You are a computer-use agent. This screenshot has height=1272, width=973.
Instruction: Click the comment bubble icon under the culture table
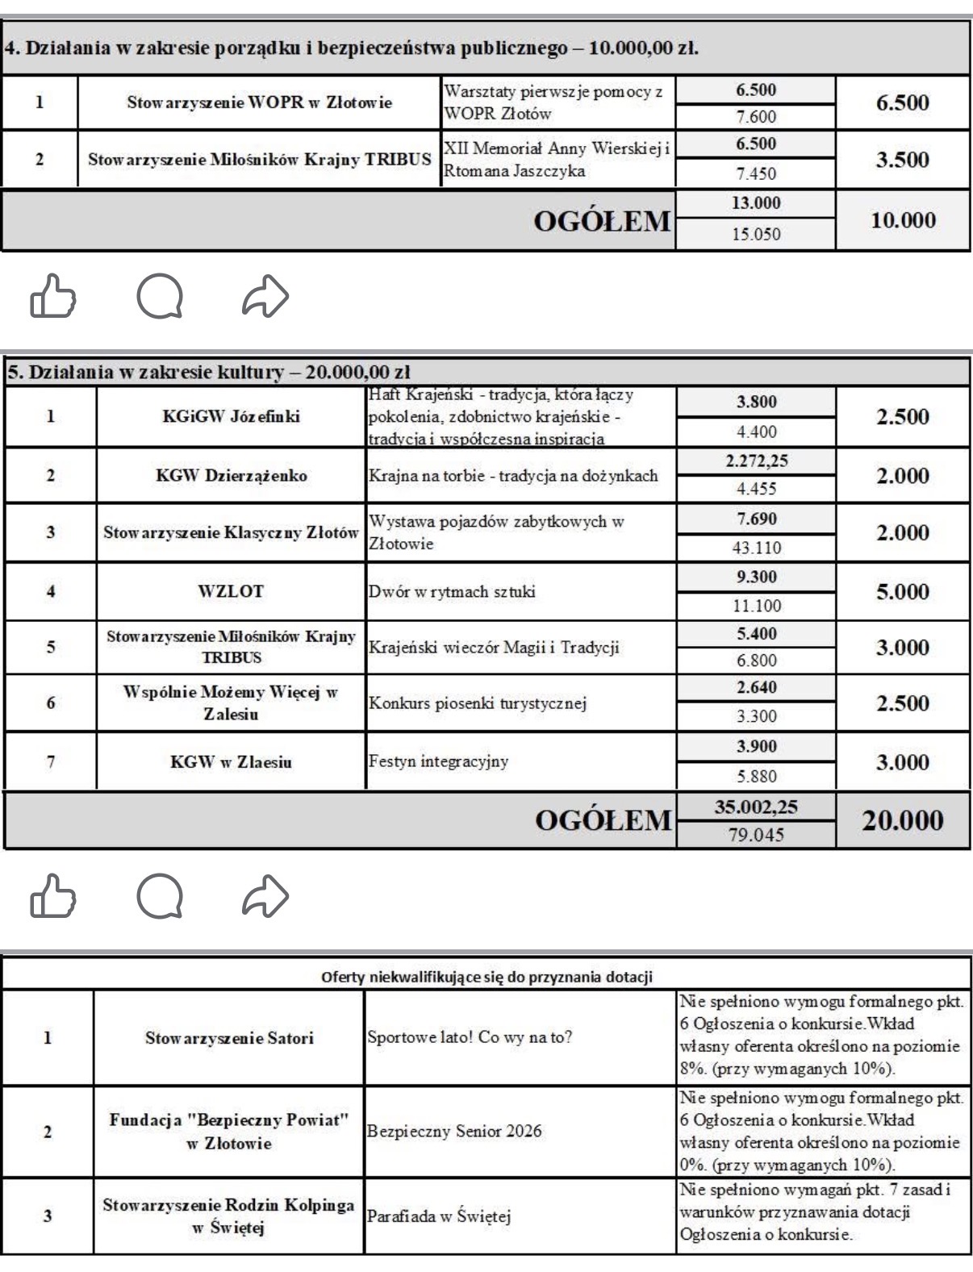160,895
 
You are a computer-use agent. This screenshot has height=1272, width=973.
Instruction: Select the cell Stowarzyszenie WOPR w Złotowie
259,102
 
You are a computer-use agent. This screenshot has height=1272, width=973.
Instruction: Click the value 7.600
755,117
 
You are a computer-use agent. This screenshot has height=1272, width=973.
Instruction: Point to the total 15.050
755,235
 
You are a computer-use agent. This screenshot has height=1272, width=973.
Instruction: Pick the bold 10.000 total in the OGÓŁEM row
903,220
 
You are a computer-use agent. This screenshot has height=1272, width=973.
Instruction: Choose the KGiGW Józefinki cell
230,417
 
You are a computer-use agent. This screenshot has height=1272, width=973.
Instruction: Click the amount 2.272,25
756,461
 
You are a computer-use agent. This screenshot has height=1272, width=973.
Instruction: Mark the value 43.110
756,548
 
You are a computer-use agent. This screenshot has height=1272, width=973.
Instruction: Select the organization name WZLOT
230,591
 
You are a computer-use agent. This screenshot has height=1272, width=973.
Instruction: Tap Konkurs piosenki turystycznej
477,703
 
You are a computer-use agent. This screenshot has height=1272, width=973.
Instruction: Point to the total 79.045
756,835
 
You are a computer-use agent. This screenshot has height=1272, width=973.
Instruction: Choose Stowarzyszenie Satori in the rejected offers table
229,1038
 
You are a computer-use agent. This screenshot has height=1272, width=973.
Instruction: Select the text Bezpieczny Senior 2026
454,1131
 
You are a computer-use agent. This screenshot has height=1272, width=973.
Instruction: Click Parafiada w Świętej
439,1217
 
